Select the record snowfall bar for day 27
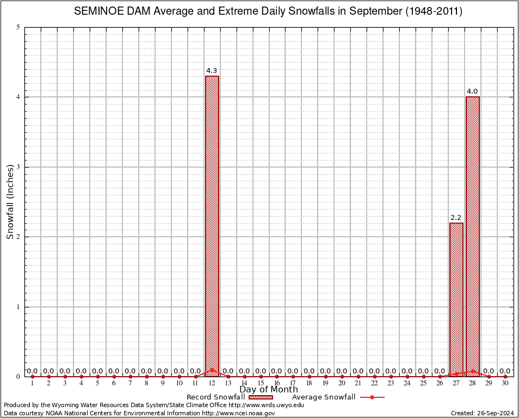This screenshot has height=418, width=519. point(456,299)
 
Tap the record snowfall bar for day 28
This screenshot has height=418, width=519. point(473,237)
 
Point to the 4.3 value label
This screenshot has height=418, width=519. point(212,71)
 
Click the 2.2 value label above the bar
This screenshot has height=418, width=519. point(456,218)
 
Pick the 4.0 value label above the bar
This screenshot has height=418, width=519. point(473,91)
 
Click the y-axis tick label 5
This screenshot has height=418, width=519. point(18,27)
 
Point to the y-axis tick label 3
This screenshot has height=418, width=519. point(18,167)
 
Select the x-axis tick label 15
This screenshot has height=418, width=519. point(261,384)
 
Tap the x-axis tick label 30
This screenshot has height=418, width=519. point(505,384)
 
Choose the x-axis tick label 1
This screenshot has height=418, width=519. point(33,384)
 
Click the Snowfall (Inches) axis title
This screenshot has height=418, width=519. point(10,201)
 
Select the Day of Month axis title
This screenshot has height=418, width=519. point(269,390)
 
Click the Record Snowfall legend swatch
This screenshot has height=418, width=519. point(261,397)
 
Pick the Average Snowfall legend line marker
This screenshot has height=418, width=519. point(372,397)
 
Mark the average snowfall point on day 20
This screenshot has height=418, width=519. point(342,376)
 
